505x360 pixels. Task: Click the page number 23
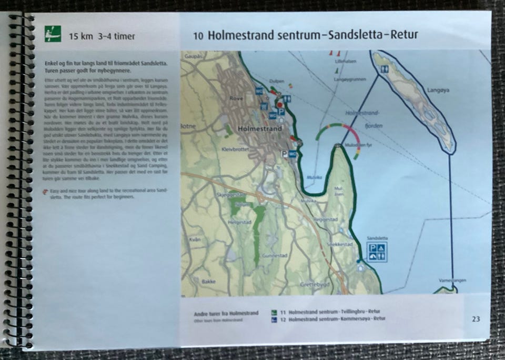[x=476, y=318]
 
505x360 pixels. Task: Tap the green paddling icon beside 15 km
[x=53, y=34]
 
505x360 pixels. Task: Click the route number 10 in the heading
[x=198, y=36]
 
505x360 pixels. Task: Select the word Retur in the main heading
[x=402, y=36]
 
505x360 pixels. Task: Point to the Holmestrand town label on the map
[x=257, y=128]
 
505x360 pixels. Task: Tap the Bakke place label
[x=208, y=282]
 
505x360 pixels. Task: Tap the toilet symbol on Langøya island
[x=385, y=69]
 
